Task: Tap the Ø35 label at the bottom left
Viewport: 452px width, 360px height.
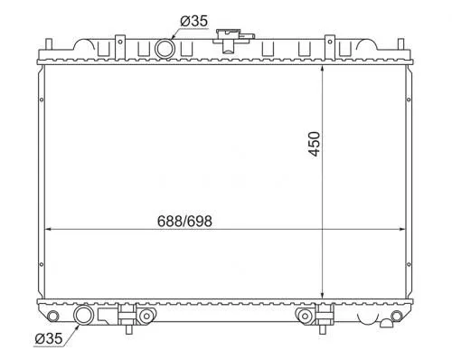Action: (x=49, y=339)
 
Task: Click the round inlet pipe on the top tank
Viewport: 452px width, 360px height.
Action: (x=165, y=48)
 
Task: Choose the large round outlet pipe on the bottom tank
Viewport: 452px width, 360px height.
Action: (x=83, y=316)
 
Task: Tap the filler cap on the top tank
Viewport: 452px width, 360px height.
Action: (x=227, y=38)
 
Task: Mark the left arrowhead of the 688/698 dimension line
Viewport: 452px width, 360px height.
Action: (x=48, y=228)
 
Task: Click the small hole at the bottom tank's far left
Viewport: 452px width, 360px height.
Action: (x=55, y=315)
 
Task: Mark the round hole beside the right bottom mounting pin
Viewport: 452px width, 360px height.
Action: (x=303, y=316)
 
